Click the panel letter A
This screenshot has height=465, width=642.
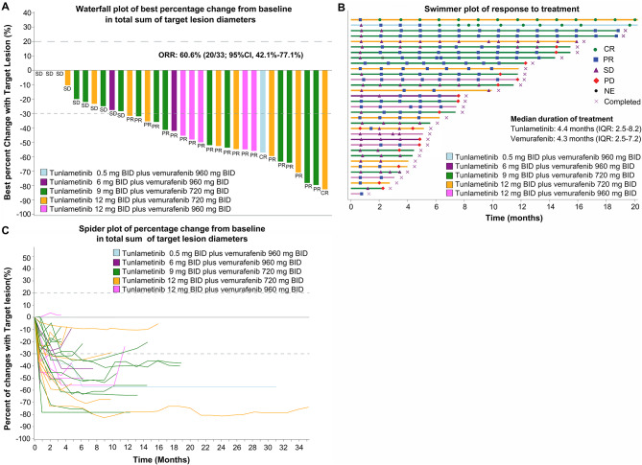tap(6, 8)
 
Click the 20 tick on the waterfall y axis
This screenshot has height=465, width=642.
tap(29, 41)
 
